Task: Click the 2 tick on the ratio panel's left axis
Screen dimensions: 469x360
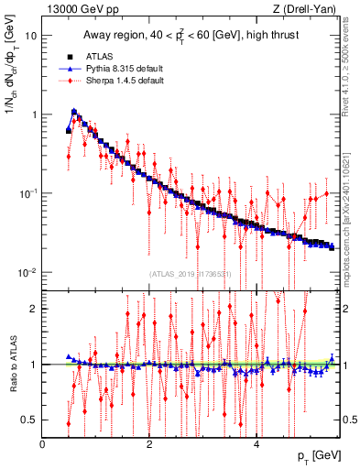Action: (34, 309)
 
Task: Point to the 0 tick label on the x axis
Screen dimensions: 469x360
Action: (42, 442)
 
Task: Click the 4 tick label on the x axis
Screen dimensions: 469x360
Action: (256, 442)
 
